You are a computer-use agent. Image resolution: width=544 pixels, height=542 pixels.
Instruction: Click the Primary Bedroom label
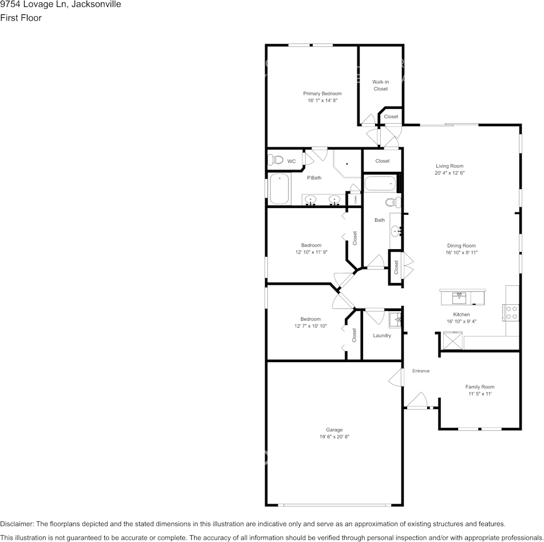pos(322,93)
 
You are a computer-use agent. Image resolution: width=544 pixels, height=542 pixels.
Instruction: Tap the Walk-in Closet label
pos(381,85)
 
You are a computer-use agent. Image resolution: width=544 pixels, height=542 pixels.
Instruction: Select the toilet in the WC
pos(277,161)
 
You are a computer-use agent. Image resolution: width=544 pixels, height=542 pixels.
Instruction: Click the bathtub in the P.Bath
pos(279,188)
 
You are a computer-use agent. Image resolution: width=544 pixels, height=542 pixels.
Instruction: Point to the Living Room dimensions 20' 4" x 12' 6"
pos(449,172)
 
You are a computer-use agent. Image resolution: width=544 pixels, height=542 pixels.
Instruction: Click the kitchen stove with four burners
pos(511,312)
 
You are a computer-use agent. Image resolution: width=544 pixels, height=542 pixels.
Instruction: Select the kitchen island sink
pos(459,297)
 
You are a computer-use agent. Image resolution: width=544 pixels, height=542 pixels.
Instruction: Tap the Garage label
pos(334,430)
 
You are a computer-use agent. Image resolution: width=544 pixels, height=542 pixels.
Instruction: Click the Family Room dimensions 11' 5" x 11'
pos(479,394)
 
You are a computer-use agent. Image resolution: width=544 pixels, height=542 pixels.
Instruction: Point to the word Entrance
pos(421,371)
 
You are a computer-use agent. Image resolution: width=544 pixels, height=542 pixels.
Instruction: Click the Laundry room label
pos(381,335)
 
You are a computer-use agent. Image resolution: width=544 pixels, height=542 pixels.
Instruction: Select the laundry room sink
pos(396,319)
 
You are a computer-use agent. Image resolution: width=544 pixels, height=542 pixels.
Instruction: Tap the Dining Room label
pos(462,246)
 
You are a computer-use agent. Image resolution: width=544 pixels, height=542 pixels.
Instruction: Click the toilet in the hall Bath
pos(392,202)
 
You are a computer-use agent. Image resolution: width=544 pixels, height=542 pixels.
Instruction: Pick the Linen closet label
pos(356,199)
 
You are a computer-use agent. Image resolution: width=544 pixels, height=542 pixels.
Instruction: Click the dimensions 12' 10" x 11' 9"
pos(312,252)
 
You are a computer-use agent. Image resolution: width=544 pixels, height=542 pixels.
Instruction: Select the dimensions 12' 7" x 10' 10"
pos(311,326)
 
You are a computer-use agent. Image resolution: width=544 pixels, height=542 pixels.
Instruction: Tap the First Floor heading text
pos(21,18)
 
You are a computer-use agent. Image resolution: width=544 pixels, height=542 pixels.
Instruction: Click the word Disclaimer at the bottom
pos(17,524)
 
